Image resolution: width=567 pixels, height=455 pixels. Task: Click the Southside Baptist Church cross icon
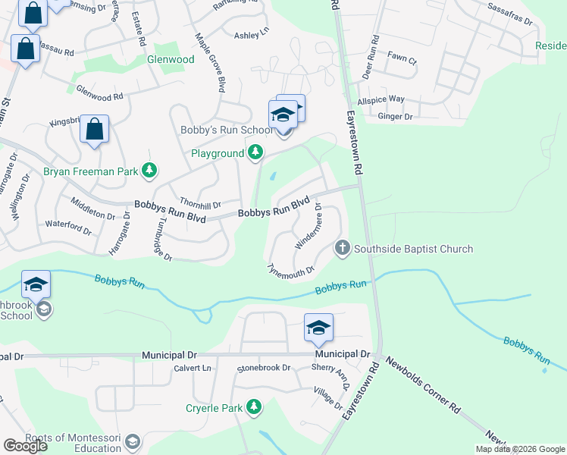(x=343, y=248)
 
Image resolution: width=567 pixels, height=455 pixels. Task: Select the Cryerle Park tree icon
(x=255, y=408)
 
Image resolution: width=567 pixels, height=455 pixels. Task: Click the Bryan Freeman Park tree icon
(x=150, y=171)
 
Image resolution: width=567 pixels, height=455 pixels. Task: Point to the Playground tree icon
(x=256, y=153)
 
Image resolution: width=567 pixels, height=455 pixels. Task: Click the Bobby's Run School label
(x=225, y=130)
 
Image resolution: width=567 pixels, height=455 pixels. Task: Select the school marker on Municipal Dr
(x=319, y=328)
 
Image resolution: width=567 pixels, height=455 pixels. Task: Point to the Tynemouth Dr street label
(x=291, y=271)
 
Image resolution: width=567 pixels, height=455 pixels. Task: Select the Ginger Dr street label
(x=395, y=117)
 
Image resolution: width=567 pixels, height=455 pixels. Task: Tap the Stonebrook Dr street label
(x=264, y=368)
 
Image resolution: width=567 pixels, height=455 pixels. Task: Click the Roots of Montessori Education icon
(x=133, y=441)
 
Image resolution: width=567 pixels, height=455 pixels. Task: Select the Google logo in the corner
(x=24, y=446)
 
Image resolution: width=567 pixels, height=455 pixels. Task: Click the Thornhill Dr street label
(x=200, y=205)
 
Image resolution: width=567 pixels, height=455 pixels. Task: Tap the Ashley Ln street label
(x=252, y=35)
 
